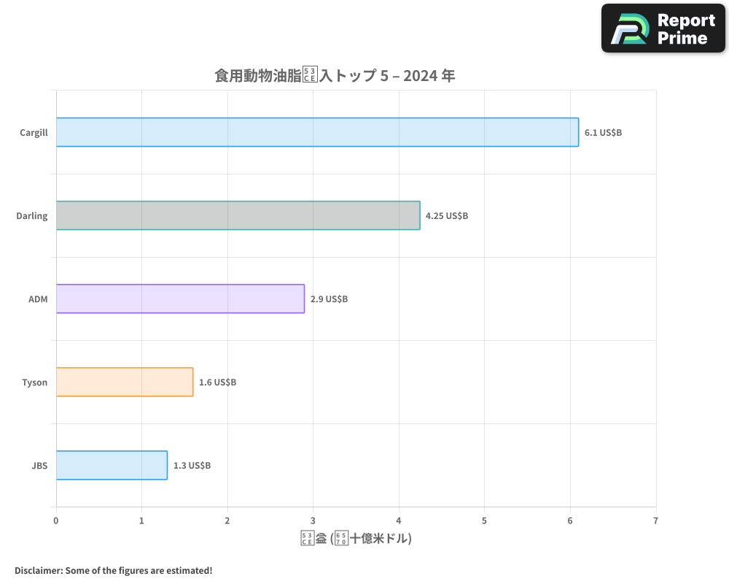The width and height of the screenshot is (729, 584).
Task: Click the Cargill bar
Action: coord(317,132)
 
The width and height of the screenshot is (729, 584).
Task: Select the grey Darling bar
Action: coord(238,215)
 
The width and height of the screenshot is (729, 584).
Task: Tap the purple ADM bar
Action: coord(180,299)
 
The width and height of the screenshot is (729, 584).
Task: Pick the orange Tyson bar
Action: coord(125,382)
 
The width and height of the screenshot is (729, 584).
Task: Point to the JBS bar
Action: coord(112,465)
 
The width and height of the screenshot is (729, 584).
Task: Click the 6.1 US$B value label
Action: coord(603,133)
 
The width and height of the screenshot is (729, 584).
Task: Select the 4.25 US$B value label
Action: coord(446,216)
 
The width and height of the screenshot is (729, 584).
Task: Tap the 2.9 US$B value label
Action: coord(329,299)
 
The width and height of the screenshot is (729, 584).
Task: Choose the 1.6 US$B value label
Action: coord(217,383)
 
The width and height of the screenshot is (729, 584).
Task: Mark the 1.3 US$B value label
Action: coord(192,466)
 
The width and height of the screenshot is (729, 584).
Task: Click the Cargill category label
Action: coord(34,133)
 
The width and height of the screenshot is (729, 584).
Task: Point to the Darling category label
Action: coord(32,216)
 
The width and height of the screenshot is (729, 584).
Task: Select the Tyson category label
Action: coord(34,383)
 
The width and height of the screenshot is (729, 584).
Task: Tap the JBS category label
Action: coord(39,466)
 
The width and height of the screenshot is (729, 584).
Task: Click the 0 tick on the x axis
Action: coord(56,520)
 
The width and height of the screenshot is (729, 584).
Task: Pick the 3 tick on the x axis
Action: coord(313,520)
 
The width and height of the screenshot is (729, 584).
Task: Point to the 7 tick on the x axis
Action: coord(656,520)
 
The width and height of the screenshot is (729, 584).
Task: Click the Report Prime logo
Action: coord(663,28)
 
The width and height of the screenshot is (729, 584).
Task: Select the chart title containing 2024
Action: coord(335,75)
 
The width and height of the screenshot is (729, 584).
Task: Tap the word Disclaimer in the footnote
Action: coord(37,570)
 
